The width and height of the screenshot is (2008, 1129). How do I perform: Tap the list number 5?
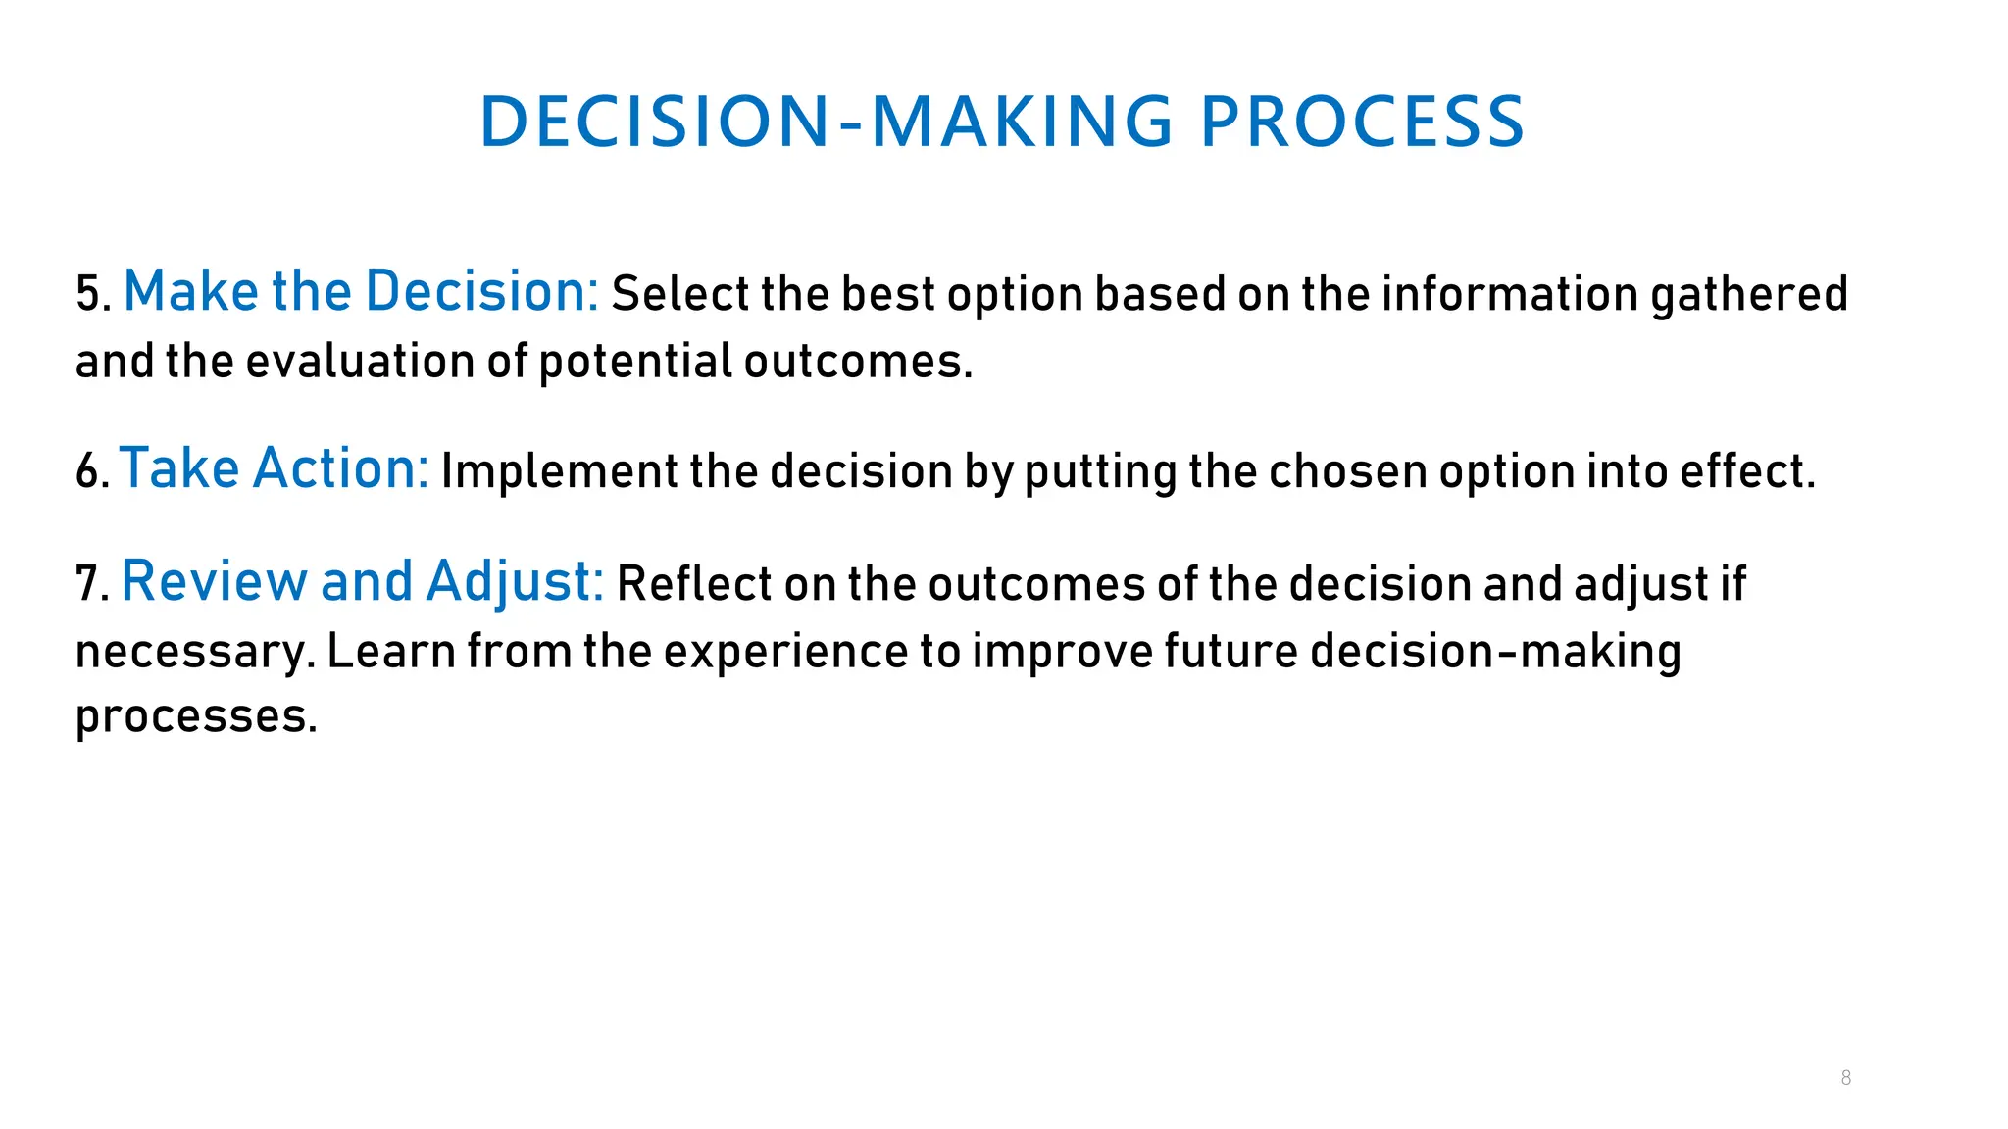coord(92,294)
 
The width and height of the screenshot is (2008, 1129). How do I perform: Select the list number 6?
coord(92,471)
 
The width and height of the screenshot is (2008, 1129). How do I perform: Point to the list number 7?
coord(92,584)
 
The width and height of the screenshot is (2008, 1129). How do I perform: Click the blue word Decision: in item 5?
coord(480,291)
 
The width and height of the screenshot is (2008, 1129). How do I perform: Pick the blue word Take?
coord(178,468)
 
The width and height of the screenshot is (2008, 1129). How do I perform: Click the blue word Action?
coord(340,468)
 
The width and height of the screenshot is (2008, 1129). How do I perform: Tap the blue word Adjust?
coord(515,581)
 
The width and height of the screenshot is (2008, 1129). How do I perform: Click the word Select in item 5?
coord(678,294)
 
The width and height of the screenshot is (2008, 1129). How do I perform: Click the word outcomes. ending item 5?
coord(858,362)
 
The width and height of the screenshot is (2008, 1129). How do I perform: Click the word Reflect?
coord(694,584)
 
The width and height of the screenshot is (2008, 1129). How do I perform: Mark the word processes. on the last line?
coord(196,717)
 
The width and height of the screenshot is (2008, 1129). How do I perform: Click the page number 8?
coord(1845,1078)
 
